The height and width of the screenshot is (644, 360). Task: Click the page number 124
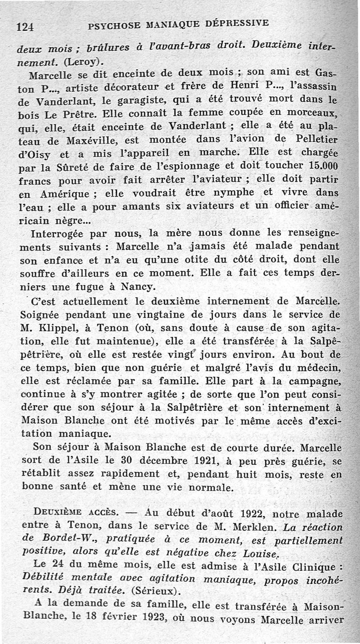(25, 27)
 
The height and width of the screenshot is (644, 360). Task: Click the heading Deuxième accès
(69, 514)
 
